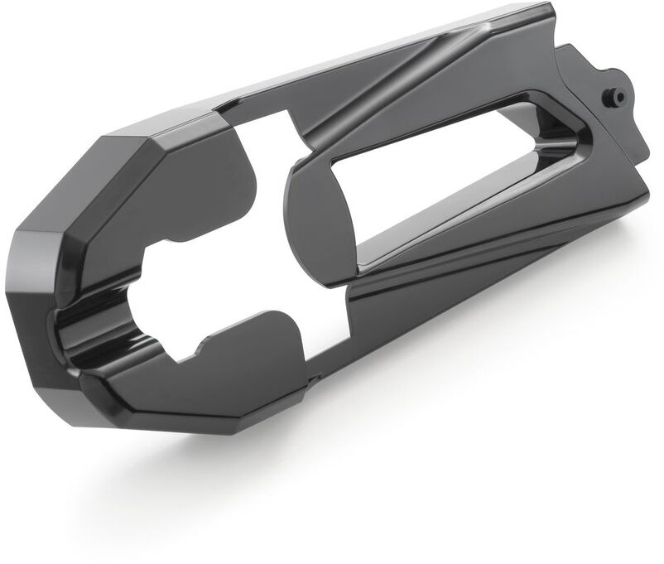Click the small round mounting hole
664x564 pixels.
(618, 96)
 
